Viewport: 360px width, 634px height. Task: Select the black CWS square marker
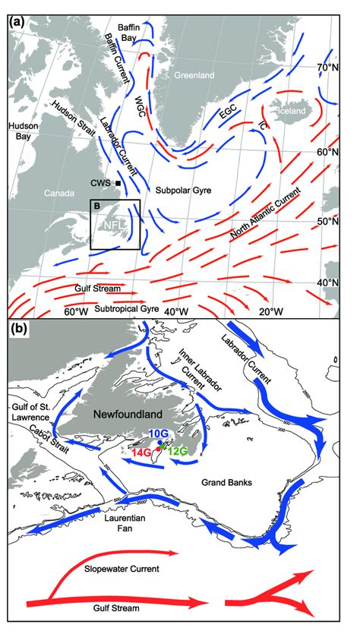pyautogui.click(x=118, y=184)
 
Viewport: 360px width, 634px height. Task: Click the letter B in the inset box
pyautogui.click(x=97, y=205)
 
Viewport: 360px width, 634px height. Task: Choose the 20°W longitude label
pyautogui.click(x=270, y=312)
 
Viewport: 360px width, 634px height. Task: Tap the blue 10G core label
pyautogui.click(x=159, y=433)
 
